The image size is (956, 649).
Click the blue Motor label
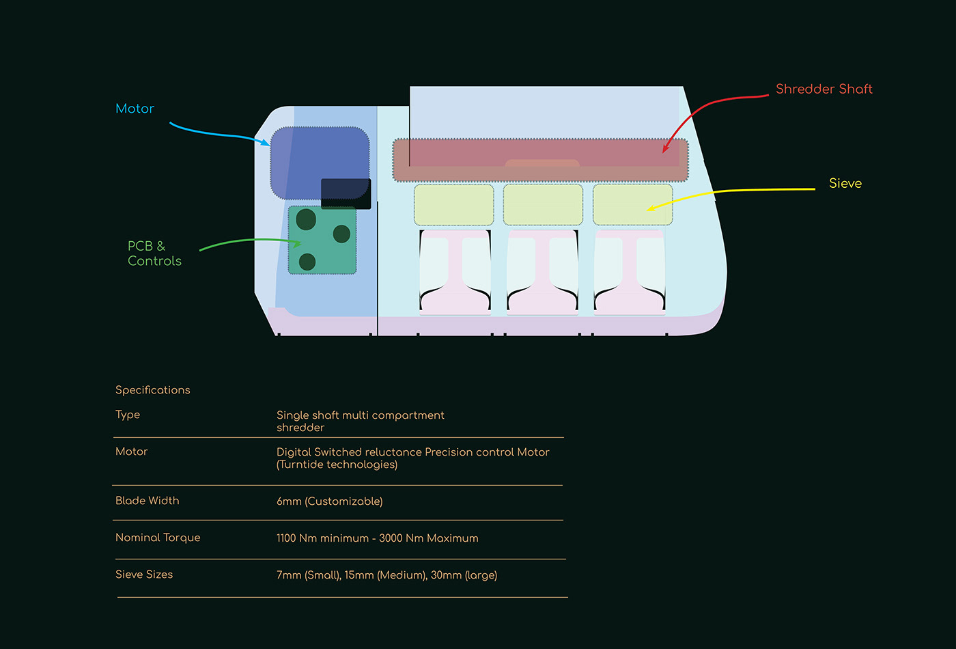pos(135,109)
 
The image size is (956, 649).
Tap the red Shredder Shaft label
pos(824,89)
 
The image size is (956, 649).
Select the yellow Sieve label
pos(845,183)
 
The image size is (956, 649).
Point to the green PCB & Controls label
pos(154,253)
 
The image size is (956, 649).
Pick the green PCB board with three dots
pos(322,240)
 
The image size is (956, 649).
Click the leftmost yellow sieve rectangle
pos(454,204)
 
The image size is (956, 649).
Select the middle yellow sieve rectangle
pos(543,204)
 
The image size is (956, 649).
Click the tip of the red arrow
pos(664,152)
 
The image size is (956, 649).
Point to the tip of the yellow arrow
pos(648,209)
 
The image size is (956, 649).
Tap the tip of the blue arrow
pos(269,144)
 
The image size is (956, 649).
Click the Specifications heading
pos(152,390)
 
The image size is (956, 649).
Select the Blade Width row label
pos(147,501)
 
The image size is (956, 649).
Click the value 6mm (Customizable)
pos(329,501)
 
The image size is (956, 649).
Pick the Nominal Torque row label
pos(158,538)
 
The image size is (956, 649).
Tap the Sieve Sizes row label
pos(144,575)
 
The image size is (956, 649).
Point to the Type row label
pos(128,415)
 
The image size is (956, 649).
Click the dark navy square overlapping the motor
pos(346,194)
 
